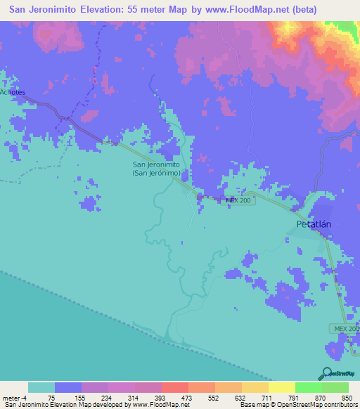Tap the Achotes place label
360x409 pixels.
12,92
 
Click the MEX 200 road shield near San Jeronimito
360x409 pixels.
238,200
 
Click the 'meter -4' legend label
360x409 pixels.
13,397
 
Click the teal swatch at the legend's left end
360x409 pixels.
41,387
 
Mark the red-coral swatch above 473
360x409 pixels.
174,387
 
